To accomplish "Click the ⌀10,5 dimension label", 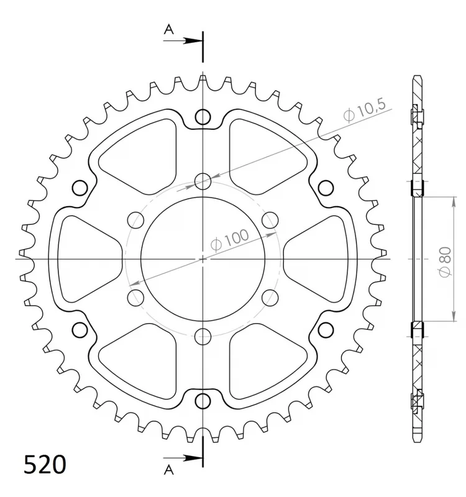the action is point(364,110).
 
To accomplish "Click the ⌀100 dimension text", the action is point(229,240).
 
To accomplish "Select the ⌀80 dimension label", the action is point(445,262).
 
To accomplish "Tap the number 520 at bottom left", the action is point(45,465).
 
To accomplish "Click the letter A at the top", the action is point(169,29).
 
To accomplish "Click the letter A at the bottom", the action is point(169,470).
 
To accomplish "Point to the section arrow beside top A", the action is point(183,40).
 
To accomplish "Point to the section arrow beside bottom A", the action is point(183,458).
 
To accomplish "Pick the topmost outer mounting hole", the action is point(203,117).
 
